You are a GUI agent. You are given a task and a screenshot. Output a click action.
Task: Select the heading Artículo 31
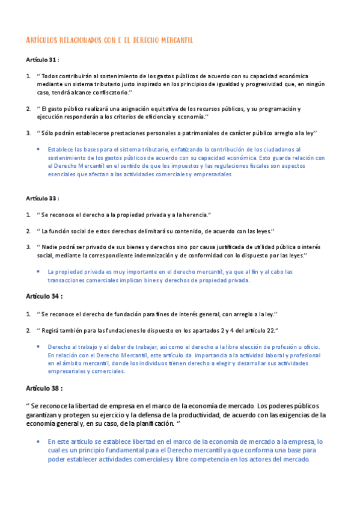click(42, 60)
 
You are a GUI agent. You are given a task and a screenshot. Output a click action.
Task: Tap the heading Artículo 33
click(42, 198)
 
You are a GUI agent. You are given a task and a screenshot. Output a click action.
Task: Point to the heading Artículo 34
click(44, 296)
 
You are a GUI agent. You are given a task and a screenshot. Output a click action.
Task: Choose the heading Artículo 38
click(44, 388)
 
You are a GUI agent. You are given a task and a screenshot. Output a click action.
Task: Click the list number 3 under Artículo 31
click(28, 132)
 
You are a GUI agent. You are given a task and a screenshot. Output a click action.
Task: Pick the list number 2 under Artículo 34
click(28, 330)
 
